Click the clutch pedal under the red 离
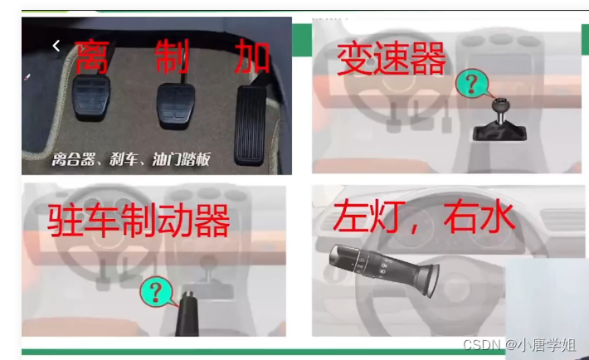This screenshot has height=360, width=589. pos(92,98)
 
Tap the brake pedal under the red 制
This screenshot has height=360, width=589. pos(176,105)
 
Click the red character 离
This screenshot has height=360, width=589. pos(92,56)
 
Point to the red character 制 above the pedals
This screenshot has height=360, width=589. pos(172,56)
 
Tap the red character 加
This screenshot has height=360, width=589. pos(252,57)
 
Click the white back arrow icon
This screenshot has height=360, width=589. pos(56,46)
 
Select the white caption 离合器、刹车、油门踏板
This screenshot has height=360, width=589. pos(131,159)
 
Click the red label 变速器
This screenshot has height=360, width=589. pos(392,59)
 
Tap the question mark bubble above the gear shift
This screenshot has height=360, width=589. pos(473,84)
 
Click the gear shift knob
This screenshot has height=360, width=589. pos(501,105)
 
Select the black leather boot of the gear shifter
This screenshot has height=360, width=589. pos(499,133)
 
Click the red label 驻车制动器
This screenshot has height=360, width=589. pos(139,220)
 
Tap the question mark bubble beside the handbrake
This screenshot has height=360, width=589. pos(157,292)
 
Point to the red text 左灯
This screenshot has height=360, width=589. pos(363,216)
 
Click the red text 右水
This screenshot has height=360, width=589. pos(479,216)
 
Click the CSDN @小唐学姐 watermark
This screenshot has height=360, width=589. pos(519,344)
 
